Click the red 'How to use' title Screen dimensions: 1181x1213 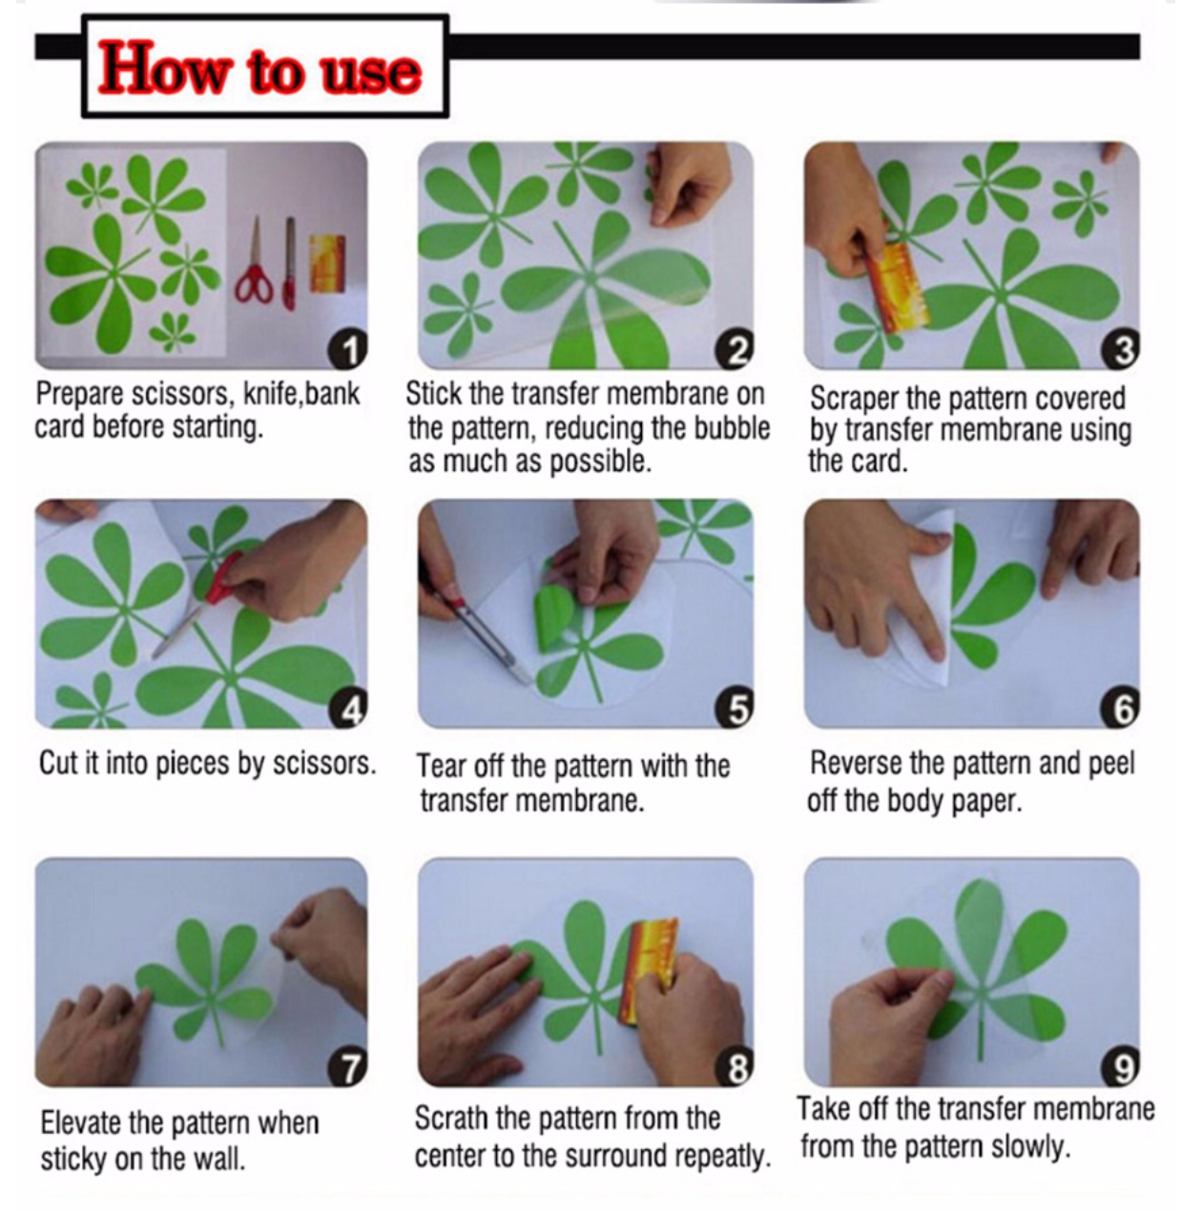(x=259, y=68)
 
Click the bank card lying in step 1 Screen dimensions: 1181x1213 (x=327, y=263)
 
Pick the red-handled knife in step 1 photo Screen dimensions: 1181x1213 (x=289, y=263)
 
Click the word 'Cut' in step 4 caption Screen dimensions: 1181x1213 (x=58, y=762)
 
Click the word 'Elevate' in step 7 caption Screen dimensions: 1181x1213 (x=81, y=1122)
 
